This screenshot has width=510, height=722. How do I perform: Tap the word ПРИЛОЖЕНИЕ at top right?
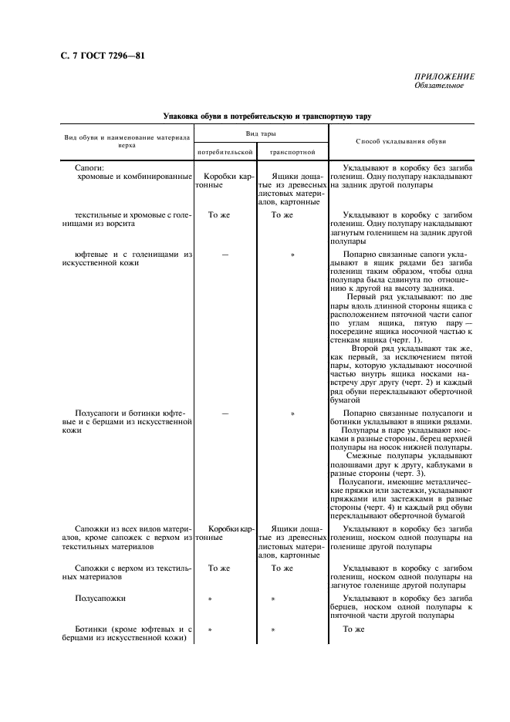[444, 76]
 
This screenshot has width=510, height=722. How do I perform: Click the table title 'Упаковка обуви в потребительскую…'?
[267, 116]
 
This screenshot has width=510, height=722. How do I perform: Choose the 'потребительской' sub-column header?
[225, 153]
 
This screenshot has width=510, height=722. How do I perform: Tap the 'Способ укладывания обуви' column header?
[400, 142]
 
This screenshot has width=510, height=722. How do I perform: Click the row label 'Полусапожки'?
[100, 598]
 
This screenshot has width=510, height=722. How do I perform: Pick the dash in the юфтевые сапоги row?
[225, 253]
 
